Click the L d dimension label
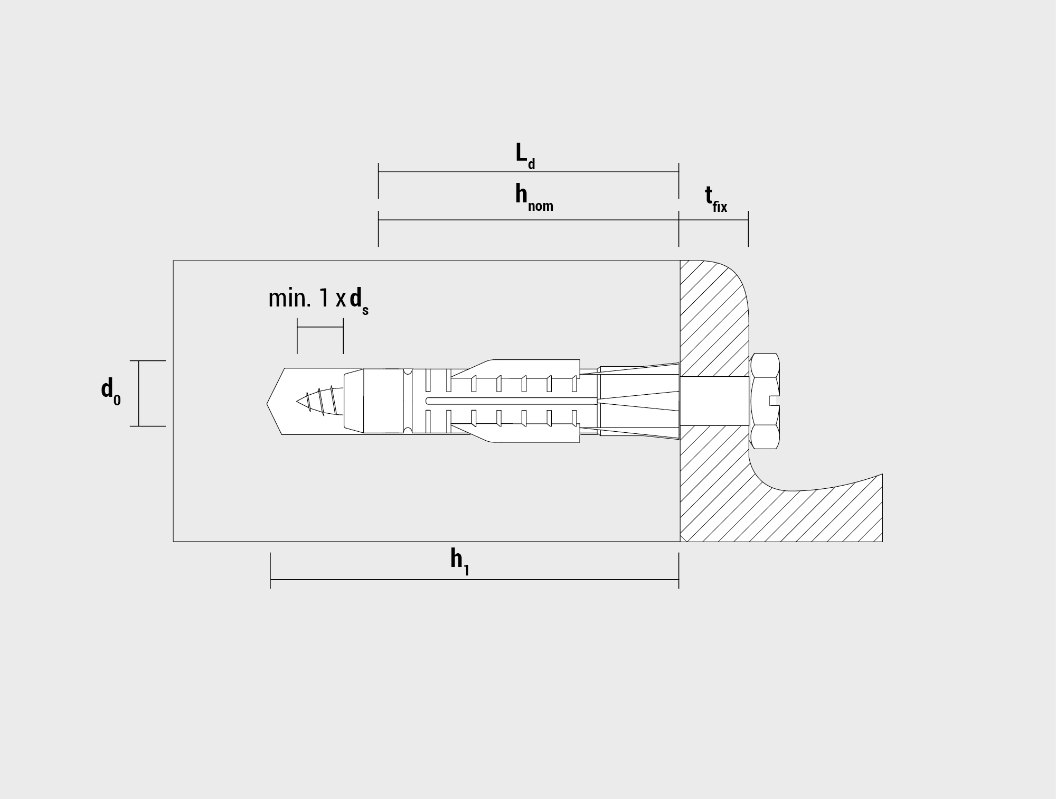[525, 156]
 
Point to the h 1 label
[460, 561]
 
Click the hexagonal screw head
[765, 401]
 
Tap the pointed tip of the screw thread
[297, 401]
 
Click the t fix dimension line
[713, 220]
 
